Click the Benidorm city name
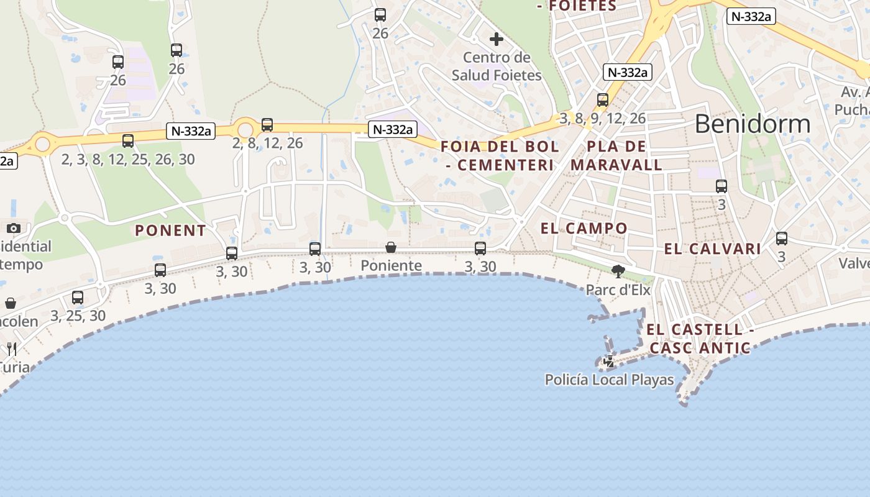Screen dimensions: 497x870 coord(752,124)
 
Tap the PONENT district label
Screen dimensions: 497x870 coord(170,230)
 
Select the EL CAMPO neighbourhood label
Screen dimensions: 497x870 coord(584,228)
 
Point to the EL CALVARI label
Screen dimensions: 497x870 coord(712,249)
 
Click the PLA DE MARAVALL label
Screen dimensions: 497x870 coord(616,156)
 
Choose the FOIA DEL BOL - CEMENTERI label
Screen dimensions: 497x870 coord(500,156)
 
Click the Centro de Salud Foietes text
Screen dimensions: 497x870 coord(497,66)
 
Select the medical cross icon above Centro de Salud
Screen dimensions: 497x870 coord(496,40)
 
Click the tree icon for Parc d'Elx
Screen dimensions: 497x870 coord(618,270)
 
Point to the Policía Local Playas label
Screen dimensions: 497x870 coord(609,380)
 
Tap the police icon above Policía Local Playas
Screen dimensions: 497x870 coord(609,362)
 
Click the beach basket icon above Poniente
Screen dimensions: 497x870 coord(391,248)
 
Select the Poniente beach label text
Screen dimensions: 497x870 coord(391,266)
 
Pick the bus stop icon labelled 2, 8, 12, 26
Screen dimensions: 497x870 coord(267,125)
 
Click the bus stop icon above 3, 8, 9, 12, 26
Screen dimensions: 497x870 coord(602,100)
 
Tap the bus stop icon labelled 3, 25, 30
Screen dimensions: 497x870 coord(78,298)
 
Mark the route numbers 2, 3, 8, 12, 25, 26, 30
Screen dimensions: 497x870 coord(128,160)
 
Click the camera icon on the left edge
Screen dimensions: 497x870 coord(14,228)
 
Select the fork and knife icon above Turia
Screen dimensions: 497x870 coord(12,349)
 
